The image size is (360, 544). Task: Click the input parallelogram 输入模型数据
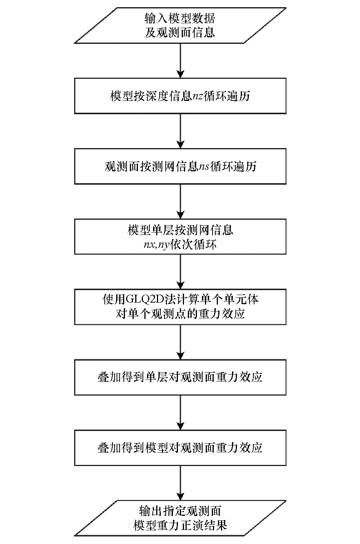click(x=180, y=25)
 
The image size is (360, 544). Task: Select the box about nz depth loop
click(x=180, y=96)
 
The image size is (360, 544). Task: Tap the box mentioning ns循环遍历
click(x=180, y=166)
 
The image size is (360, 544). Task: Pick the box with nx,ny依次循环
click(x=180, y=236)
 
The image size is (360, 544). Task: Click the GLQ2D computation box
click(x=180, y=306)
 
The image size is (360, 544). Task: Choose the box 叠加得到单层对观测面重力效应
click(x=180, y=377)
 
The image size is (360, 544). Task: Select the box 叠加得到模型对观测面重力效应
click(x=180, y=447)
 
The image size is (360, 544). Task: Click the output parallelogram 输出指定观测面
click(x=180, y=518)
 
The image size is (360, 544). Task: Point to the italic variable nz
click(x=197, y=96)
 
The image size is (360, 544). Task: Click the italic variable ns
click(x=204, y=167)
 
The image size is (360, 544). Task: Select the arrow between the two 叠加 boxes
click(x=180, y=412)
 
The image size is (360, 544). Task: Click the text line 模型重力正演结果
click(x=180, y=526)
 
